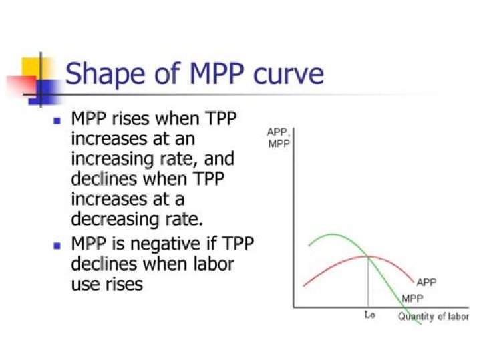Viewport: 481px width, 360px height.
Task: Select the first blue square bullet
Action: pyautogui.click(x=57, y=121)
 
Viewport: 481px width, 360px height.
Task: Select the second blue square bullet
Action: pyautogui.click(x=57, y=245)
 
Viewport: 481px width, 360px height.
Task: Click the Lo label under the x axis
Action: pyautogui.click(x=370, y=315)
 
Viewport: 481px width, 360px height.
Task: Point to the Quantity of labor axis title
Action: pyautogui.click(x=433, y=316)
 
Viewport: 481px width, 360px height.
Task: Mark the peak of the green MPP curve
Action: pyautogui.click(x=332, y=234)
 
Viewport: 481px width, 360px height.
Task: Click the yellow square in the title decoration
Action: pyautogui.click(x=31, y=67)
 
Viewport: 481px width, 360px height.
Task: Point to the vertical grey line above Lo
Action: pyautogui.click(x=369, y=284)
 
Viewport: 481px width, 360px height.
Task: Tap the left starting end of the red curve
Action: pyautogui.click(x=304, y=285)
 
